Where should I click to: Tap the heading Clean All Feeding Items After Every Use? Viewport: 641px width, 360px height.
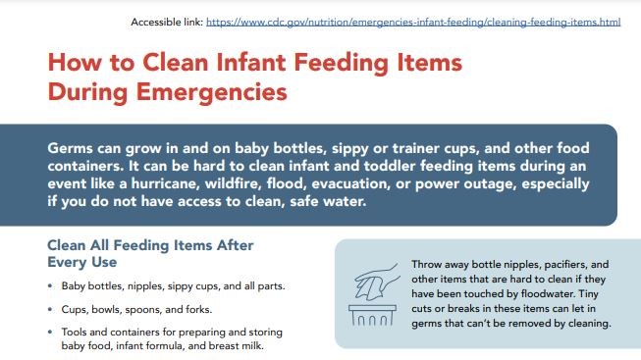click(149, 253)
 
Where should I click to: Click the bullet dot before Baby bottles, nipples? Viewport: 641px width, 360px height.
click(51, 287)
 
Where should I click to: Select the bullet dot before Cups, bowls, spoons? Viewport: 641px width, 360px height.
click(51, 310)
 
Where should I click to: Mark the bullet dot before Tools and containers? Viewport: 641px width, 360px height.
click(51, 333)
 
